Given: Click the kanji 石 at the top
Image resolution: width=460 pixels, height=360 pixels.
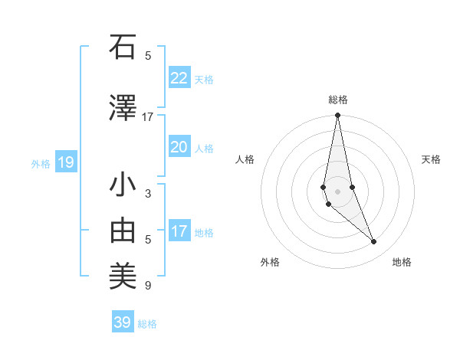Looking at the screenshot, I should click(x=123, y=47).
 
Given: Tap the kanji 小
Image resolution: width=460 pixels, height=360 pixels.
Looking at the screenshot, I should click(x=123, y=185).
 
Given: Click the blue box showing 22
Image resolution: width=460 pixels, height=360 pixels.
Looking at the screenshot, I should click(x=179, y=78).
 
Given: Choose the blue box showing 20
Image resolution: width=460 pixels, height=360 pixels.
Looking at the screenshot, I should click(x=179, y=147).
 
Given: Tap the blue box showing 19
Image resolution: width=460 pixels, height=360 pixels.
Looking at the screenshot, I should click(x=65, y=162).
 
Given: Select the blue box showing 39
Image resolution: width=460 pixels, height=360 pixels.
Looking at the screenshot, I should click(x=123, y=322).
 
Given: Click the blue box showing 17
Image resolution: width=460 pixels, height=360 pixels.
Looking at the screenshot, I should click(x=179, y=231).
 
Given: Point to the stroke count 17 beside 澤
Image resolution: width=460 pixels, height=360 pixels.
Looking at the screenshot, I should click(x=148, y=117).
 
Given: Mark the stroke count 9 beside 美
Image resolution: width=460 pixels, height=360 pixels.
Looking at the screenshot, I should click(x=148, y=286).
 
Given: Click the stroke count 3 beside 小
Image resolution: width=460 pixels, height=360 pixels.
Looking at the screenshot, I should click(x=148, y=194).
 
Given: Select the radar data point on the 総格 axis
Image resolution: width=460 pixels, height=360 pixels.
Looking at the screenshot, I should click(x=337, y=116).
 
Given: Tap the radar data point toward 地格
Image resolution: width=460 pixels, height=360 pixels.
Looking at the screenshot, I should click(x=373, y=242).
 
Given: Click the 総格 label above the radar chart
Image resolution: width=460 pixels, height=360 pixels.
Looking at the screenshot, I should click(x=338, y=100).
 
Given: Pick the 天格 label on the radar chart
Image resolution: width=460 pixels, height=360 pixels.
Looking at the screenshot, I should click(x=432, y=159).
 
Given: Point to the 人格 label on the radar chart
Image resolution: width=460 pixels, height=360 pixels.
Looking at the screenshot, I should click(x=245, y=159).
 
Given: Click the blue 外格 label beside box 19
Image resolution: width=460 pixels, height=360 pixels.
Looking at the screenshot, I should click(x=40, y=163).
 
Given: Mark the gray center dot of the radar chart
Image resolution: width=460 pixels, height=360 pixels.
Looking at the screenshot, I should click(x=337, y=191).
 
